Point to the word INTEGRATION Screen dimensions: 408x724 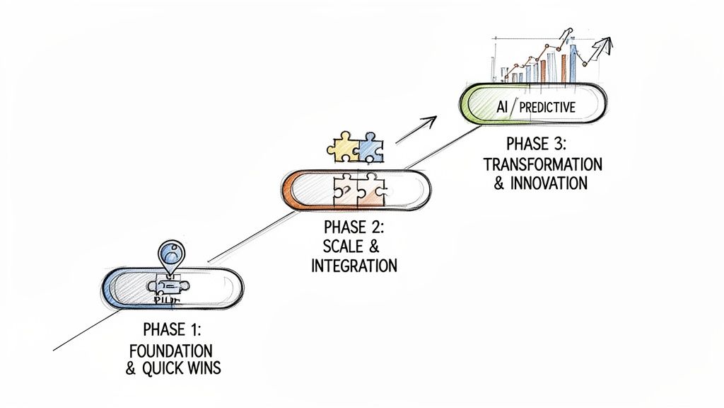click(x=354, y=266)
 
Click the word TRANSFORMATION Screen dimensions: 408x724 click(x=543, y=164)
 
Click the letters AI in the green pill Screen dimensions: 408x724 click(x=503, y=107)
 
